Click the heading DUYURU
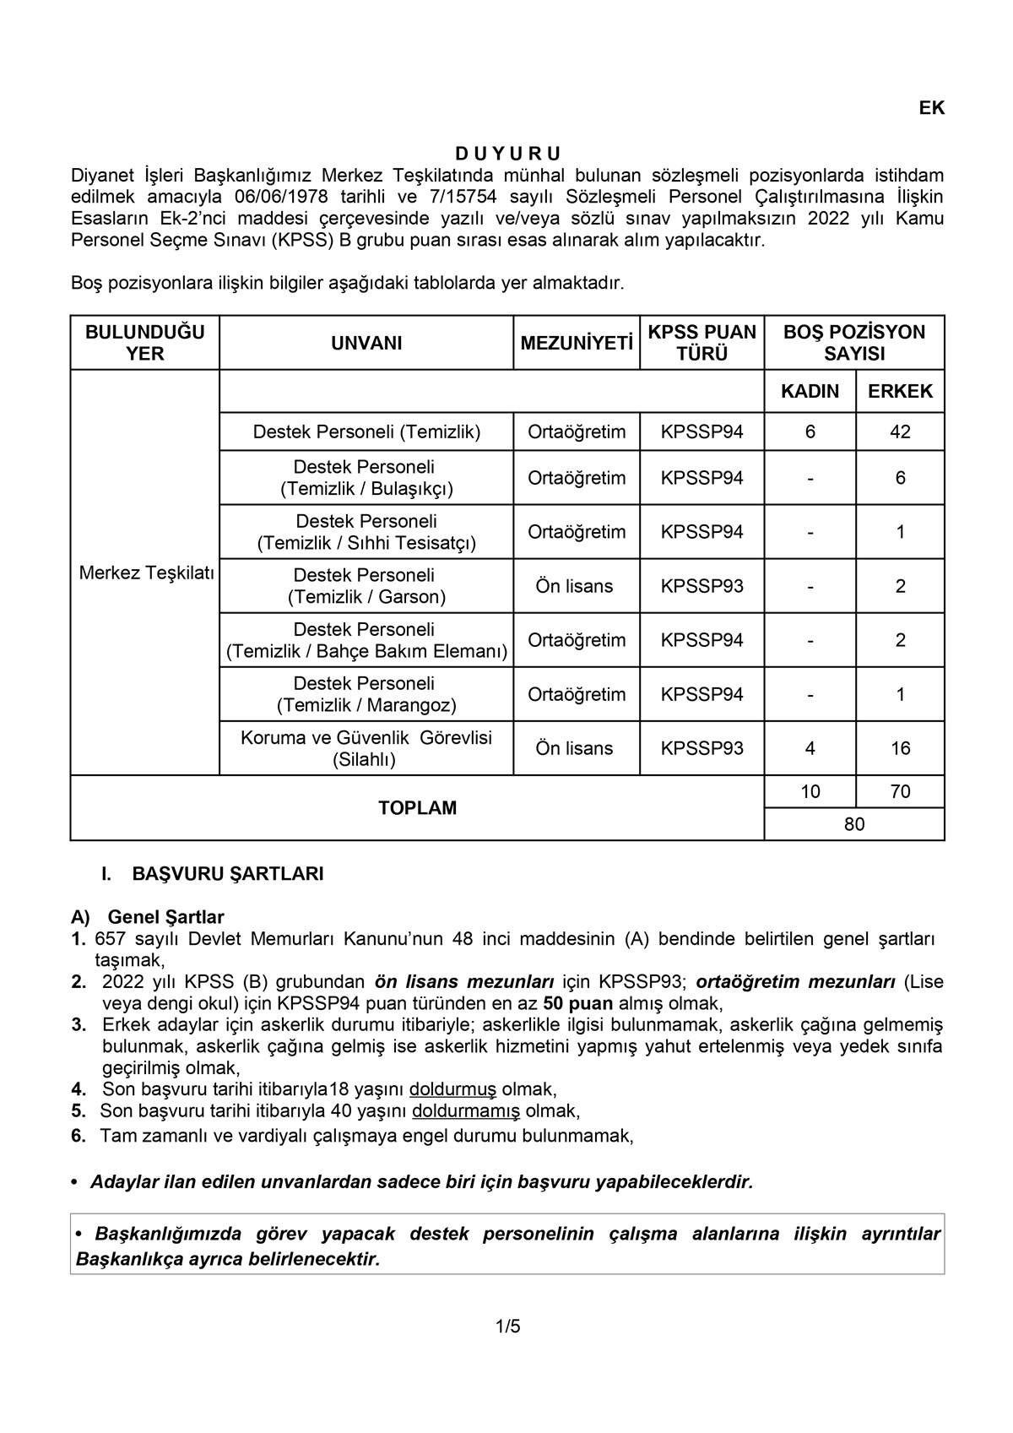(508, 154)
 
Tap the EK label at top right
(932, 108)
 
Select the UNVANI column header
(366, 343)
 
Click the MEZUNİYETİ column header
(577, 343)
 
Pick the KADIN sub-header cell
(810, 392)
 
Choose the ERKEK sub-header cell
(900, 392)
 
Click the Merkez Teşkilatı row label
(146, 573)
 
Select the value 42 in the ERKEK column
(900, 432)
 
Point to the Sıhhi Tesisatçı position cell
(366, 532)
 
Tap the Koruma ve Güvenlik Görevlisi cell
(366, 748)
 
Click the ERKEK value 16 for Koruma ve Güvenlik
(900, 748)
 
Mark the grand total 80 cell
(854, 824)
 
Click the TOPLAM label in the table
(417, 808)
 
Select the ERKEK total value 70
(900, 792)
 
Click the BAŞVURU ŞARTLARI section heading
(228, 874)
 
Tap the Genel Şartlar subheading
(165, 917)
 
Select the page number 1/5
(508, 1327)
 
